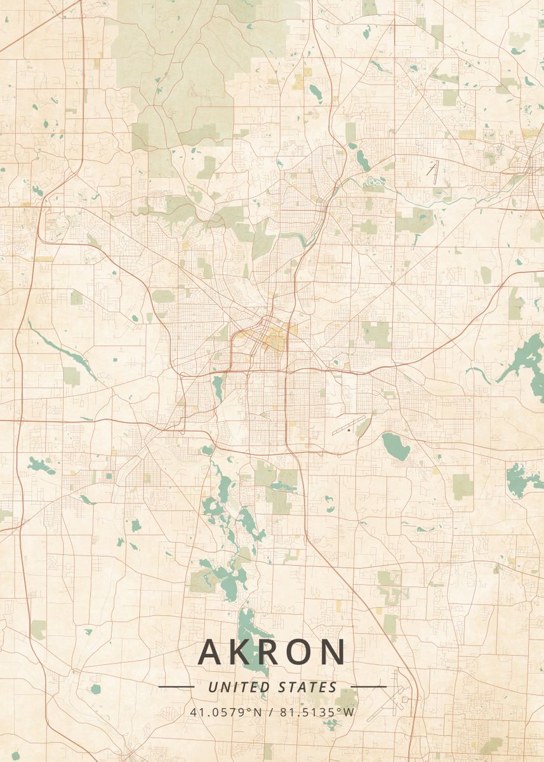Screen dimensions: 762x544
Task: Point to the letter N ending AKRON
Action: (333, 652)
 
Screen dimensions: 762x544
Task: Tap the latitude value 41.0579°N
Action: (225, 711)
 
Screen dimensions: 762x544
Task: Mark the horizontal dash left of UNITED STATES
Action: (176, 686)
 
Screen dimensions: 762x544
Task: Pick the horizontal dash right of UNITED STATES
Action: (368, 686)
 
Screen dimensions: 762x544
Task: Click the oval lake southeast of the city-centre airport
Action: (395, 445)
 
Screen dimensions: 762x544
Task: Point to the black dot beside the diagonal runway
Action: (348, 430)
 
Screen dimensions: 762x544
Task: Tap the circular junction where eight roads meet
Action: (392, 283)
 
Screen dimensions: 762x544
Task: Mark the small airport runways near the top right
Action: (434, 170)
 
